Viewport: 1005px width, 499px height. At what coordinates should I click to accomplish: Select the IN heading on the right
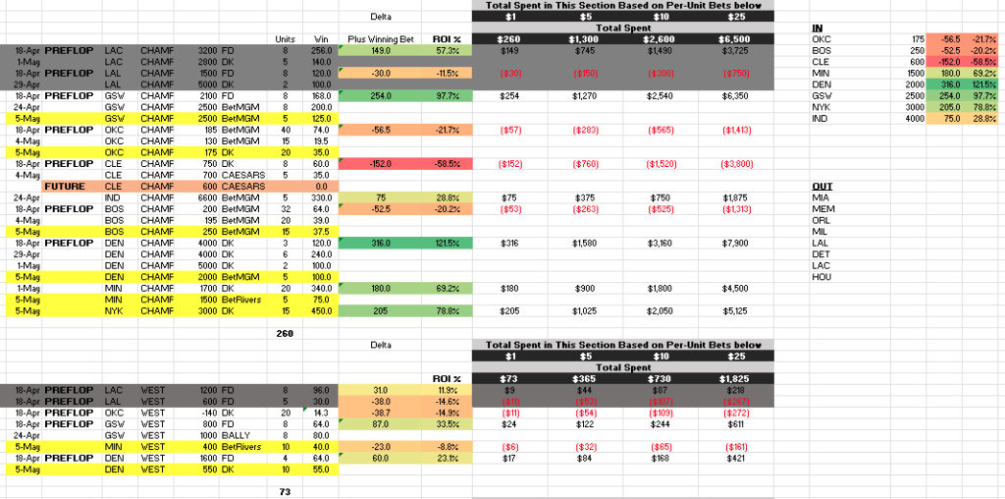[818, 28]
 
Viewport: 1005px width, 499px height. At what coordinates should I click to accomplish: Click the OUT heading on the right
[821, 186]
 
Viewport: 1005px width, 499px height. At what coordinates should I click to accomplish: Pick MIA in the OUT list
[821, 196]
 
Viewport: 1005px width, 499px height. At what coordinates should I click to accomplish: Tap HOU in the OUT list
[821, 279]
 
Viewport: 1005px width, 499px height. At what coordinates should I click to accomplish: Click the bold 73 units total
[285, 490]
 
